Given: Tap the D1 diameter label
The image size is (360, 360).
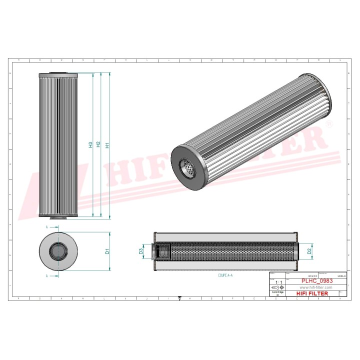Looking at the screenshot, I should [107, 251].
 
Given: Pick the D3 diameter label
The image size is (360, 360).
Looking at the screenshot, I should [141, 251].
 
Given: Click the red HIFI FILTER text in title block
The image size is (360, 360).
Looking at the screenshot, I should [314, 293].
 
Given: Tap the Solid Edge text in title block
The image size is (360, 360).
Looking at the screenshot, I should [277, 291].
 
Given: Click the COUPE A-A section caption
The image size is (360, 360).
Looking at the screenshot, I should [225, 275].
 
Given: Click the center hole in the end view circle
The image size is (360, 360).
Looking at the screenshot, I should [59, 251].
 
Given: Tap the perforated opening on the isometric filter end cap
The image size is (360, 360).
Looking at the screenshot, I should [188, 167].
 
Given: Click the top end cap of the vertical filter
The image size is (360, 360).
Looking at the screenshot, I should [59, 74].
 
